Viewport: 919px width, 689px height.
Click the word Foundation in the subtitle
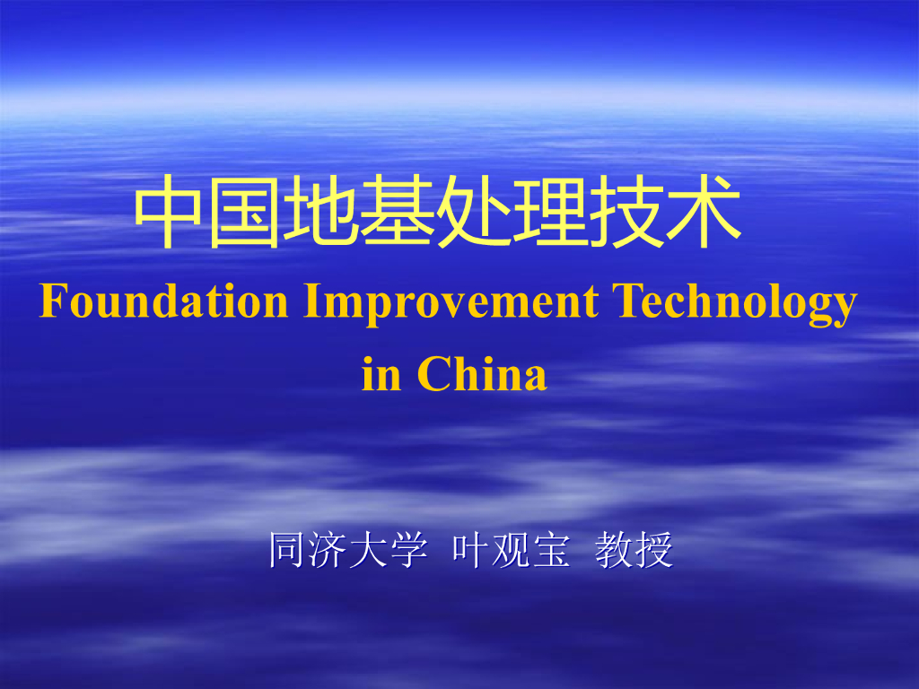click(x=163, y=301)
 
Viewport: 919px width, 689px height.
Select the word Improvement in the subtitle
click(x=451, y=301)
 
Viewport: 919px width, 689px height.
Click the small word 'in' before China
click(x=381, y=374)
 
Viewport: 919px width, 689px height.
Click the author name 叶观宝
click(x=511, y=550)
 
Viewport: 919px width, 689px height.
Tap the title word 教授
click(x=635, y=550)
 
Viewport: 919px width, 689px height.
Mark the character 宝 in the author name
click(x=551, y=550)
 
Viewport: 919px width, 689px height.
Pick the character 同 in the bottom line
click(x=287, y=550)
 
